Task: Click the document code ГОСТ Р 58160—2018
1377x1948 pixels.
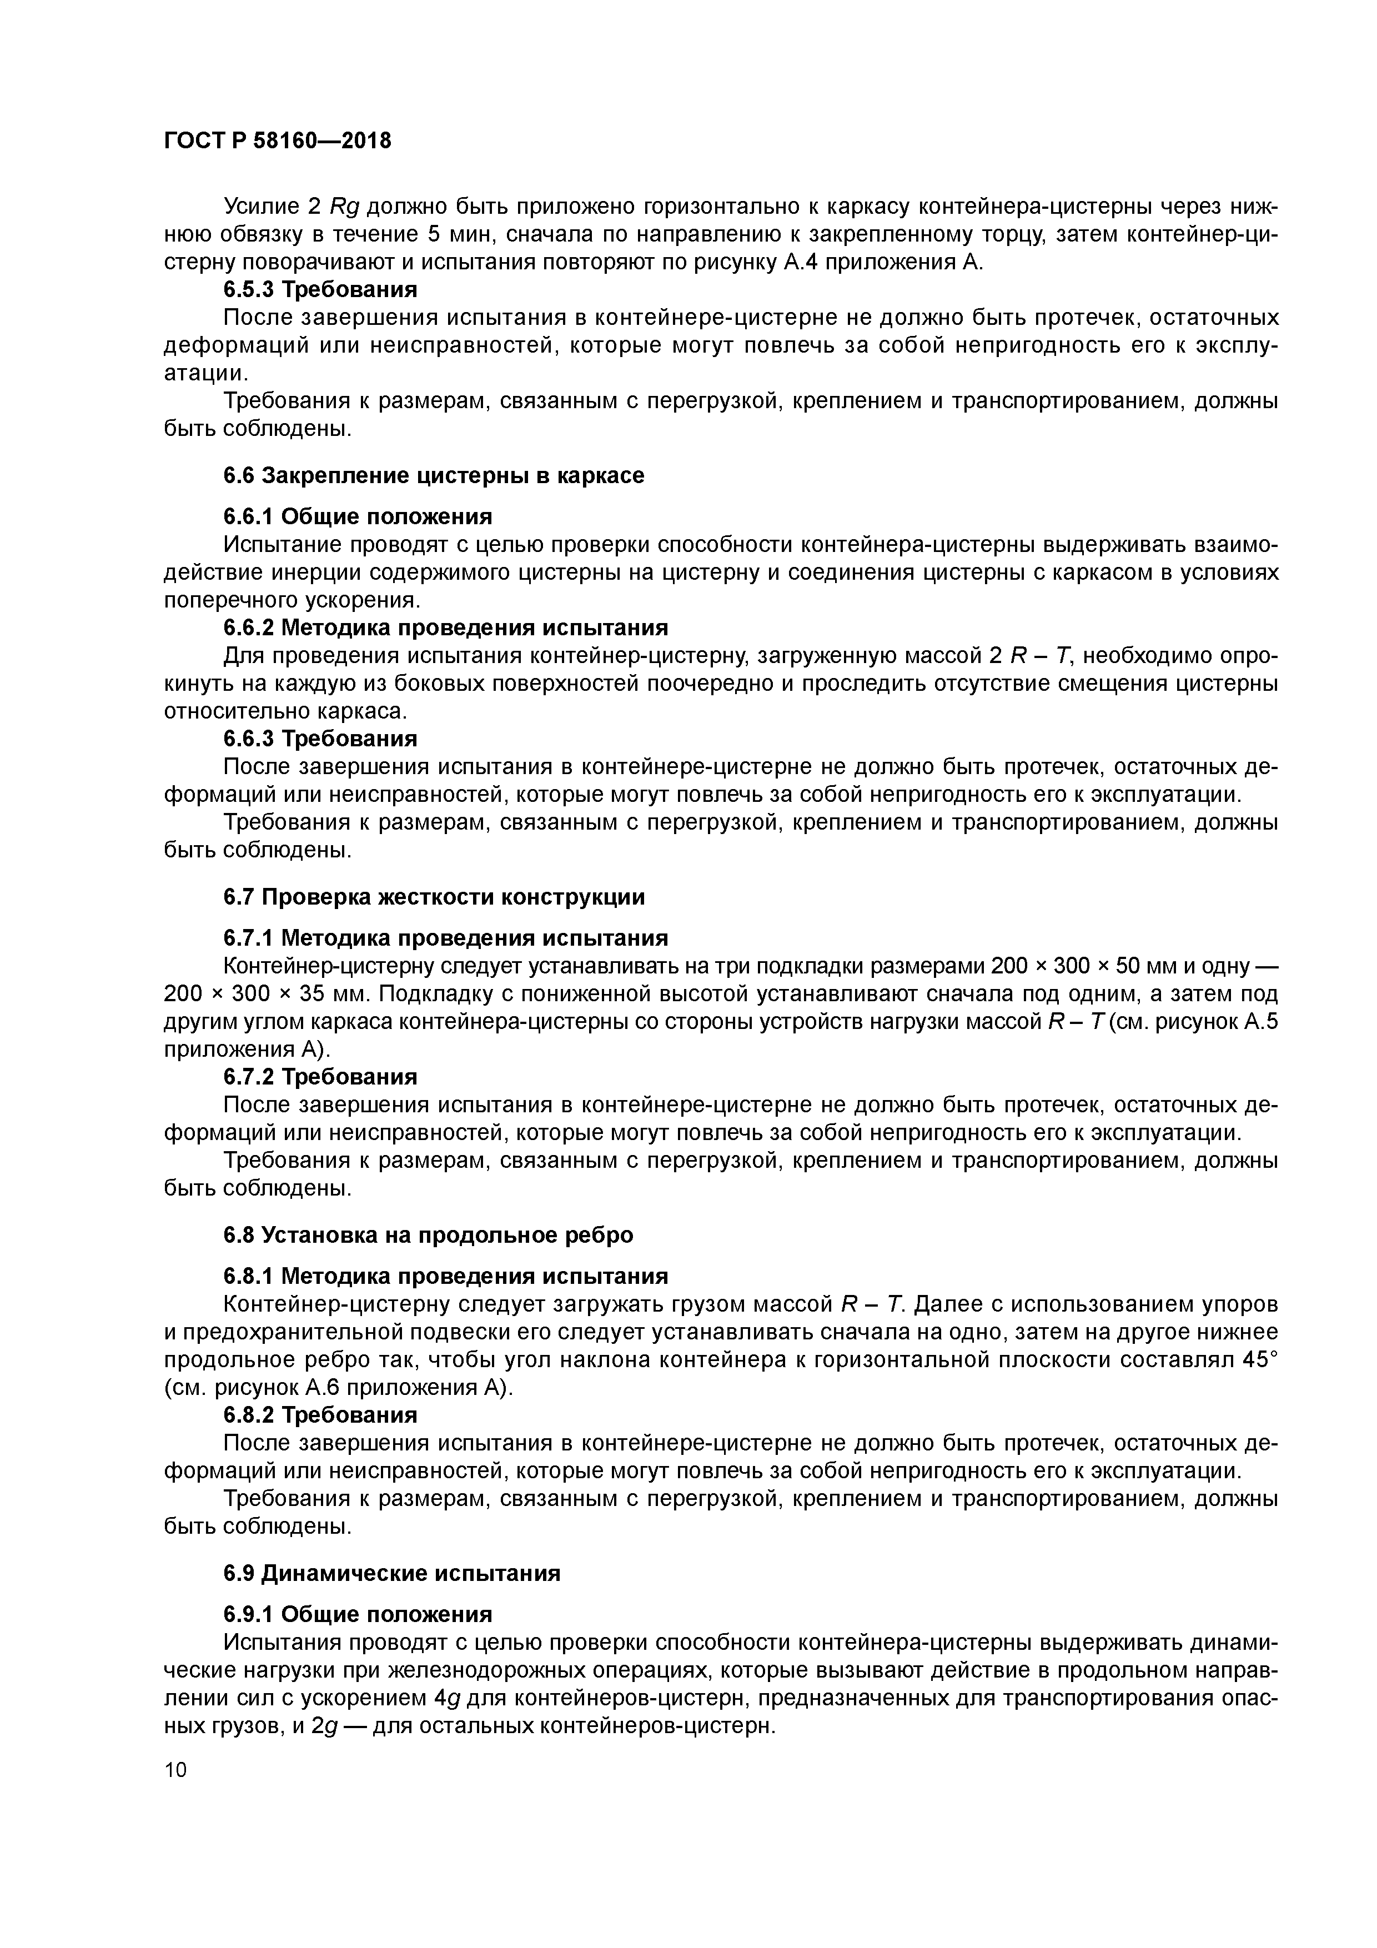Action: [278, 141]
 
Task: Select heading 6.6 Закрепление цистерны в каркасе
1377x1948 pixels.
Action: [434, 475]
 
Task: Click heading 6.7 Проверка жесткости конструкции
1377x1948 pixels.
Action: [434, 897]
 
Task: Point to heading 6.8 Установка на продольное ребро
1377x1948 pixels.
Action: [429, 1234]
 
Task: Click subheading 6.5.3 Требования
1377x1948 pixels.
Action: [321, 290]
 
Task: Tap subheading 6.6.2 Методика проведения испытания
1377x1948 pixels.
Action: [445, 628]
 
